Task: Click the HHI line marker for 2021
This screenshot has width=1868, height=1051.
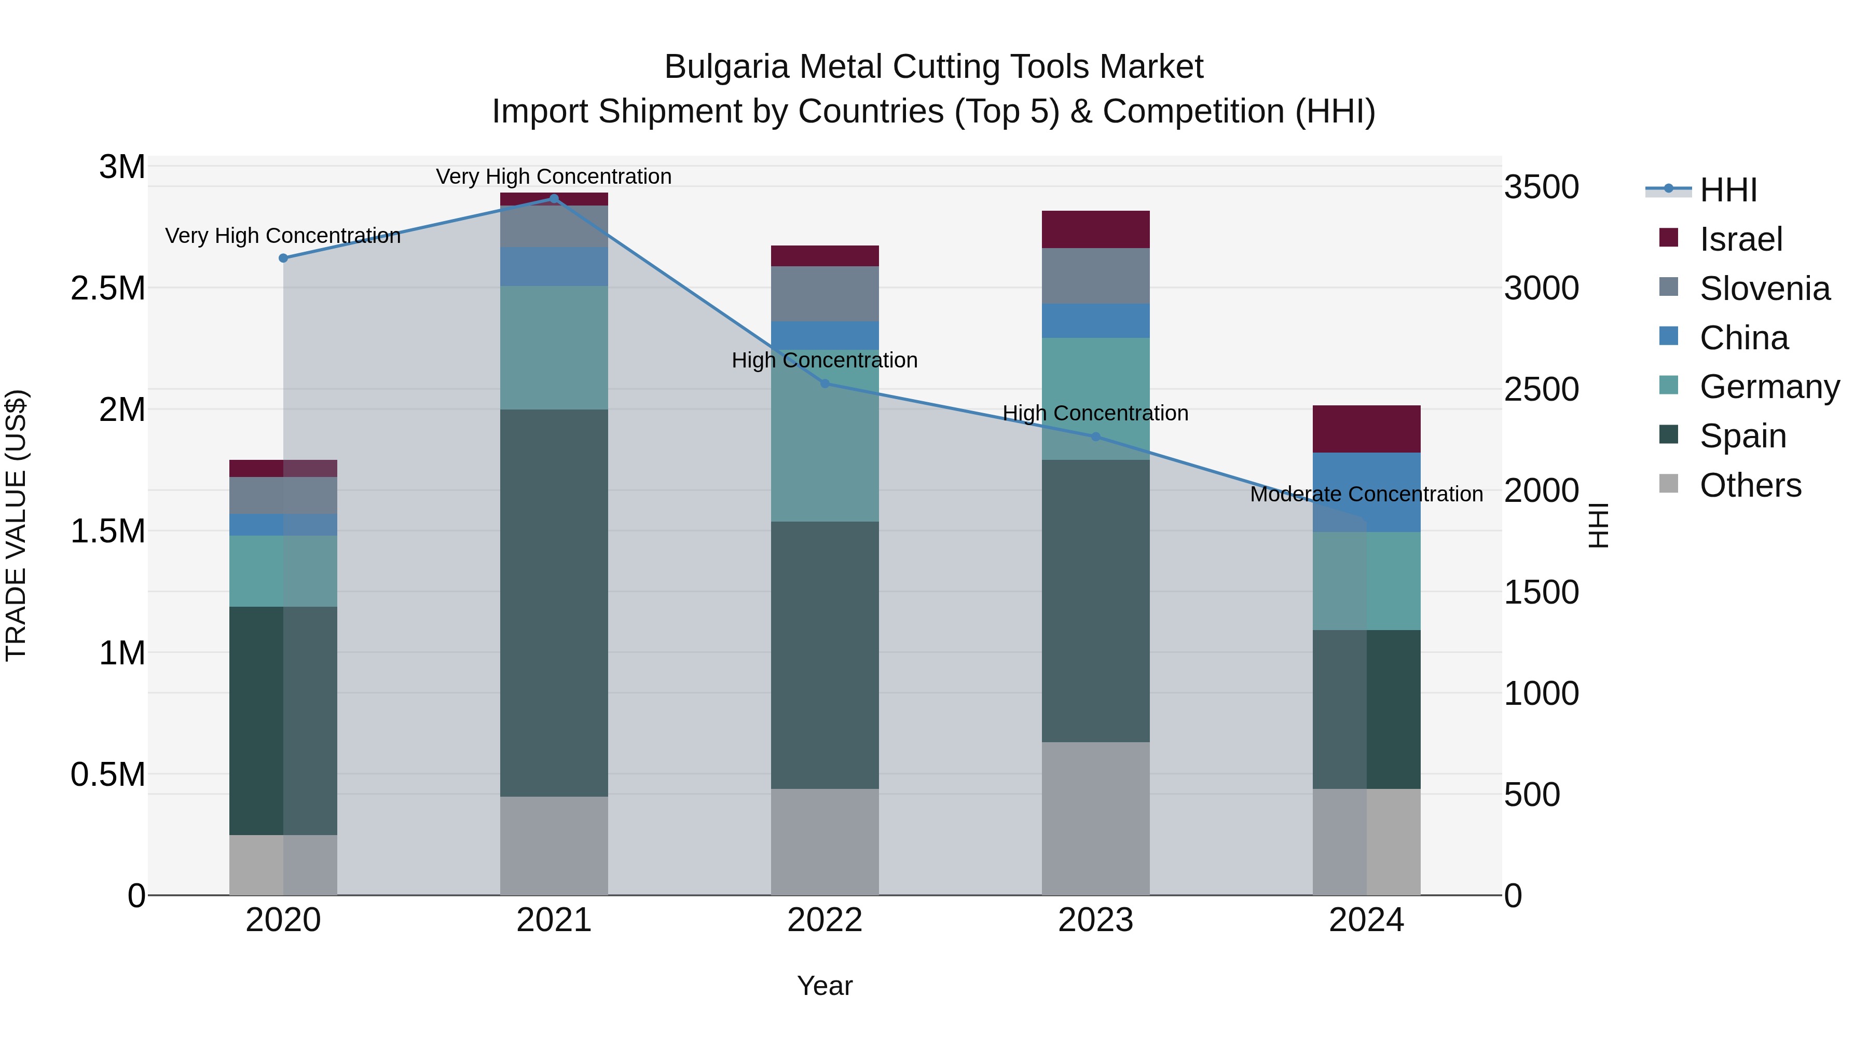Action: click(554, 199)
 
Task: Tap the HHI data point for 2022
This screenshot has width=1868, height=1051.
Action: click(825, 384)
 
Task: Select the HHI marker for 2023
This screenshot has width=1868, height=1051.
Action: click(1096, 436)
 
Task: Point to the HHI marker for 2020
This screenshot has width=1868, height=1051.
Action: click(283, 258)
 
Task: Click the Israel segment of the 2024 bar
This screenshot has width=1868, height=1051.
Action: click(1366, 429)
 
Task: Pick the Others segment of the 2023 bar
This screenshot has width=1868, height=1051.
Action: click(1096, 818)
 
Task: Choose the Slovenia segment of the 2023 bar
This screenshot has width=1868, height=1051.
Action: click(1096, 276)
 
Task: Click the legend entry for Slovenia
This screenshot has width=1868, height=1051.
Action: click(1764, 289)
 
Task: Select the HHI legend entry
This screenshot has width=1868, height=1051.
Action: click(1727, 190)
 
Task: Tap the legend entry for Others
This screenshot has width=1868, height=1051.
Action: click(1749, 485)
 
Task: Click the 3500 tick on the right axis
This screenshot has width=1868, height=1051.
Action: click(1542, 187)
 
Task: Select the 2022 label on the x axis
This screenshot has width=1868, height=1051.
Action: click(825, 920)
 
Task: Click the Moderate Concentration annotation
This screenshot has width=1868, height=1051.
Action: click(1366, 494)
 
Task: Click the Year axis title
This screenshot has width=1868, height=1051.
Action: click(825, 986)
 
